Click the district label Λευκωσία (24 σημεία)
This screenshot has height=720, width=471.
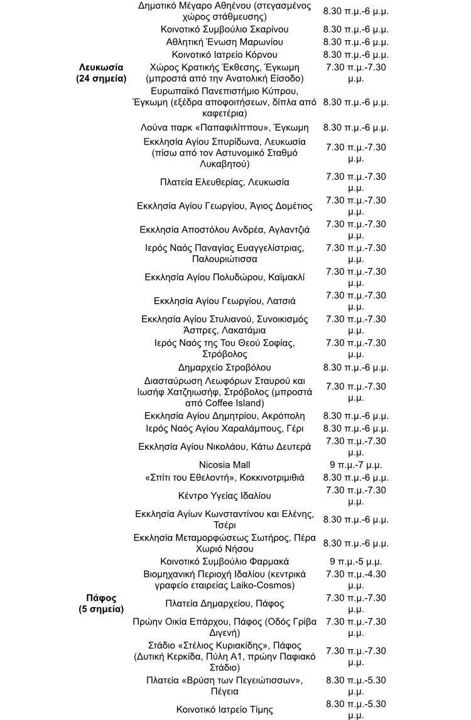pyautogui.click(x=101, y=73)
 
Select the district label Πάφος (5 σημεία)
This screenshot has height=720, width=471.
pyautogui.click(x=101, y=603)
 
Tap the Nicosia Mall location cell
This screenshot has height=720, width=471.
pyautogui.click(x=224, y=465)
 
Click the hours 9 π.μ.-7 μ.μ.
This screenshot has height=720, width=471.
pyautogui.click(x=355, y=465)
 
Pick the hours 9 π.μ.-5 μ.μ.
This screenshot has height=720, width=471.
pyautogui.click(x=355, y=561)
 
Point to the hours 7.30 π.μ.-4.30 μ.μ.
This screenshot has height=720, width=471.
pyautogui.click(x=355, y=579)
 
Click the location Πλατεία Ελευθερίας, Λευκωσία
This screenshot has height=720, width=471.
pyautogui.click(x=224, y=182)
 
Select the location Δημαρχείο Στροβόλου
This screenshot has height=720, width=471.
pyautogui.click(x=224, y=368)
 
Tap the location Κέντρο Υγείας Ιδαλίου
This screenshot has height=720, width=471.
pyautogui.click(x=224, y=496)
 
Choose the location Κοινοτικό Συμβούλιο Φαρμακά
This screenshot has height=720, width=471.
pyautogui.click(x=224, y=561)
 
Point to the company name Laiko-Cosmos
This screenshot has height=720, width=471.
pyautogui.click(x=272, y=586)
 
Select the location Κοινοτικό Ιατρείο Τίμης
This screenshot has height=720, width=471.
pyautogui.click(x=224, y=709)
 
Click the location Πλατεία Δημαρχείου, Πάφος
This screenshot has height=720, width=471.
pyautogui.click(x=224, y=604)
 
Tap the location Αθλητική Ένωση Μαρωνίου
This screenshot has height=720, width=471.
pyautogui.click(x=224, y=42)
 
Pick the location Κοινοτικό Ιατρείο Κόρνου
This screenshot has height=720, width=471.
pyautogui.click(x=224, y=55)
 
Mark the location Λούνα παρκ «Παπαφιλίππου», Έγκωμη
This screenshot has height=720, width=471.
pyautogui.click(x=224, y=128)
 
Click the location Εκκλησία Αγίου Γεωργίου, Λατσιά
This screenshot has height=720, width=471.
pyautogui.click(x=224, y=301)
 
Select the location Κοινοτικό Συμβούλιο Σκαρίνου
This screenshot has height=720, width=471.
pyautogui.click(x=224, y=30)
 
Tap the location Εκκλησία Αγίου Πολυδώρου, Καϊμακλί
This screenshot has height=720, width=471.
pyautogui.click(x=224, y=277)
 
